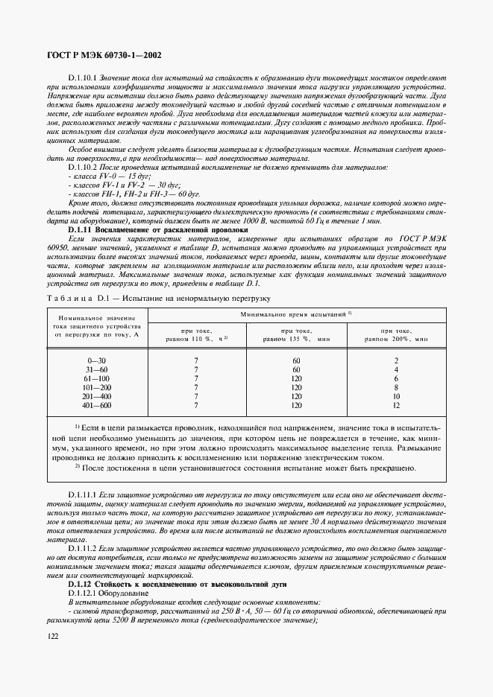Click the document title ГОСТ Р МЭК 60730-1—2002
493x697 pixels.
tap(104, 54)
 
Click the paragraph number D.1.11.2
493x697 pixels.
tap(84, 547)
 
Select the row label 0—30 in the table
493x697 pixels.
tap(97, 360)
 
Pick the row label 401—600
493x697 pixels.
tap(97, 405)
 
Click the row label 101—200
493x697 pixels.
tap(97, 387)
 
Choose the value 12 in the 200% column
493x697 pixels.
tap(396, 405)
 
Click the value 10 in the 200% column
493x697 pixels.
tap(396, 396)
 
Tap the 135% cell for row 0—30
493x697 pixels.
tap(296, 360)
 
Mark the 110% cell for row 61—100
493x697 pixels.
tap(196, 378)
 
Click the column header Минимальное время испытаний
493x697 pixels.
tap(295, 316)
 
